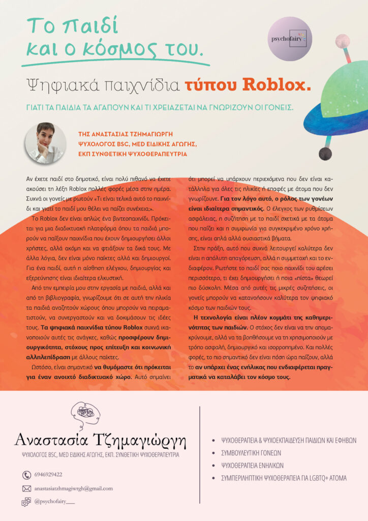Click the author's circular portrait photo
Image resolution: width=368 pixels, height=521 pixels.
45,143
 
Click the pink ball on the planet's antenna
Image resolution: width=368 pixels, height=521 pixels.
342,41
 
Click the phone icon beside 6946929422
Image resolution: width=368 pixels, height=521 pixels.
26,475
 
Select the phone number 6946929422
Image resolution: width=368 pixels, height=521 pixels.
48,475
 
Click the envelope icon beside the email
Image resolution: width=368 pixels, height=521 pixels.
26,488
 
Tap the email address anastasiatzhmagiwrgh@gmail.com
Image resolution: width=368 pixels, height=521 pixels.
73,488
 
